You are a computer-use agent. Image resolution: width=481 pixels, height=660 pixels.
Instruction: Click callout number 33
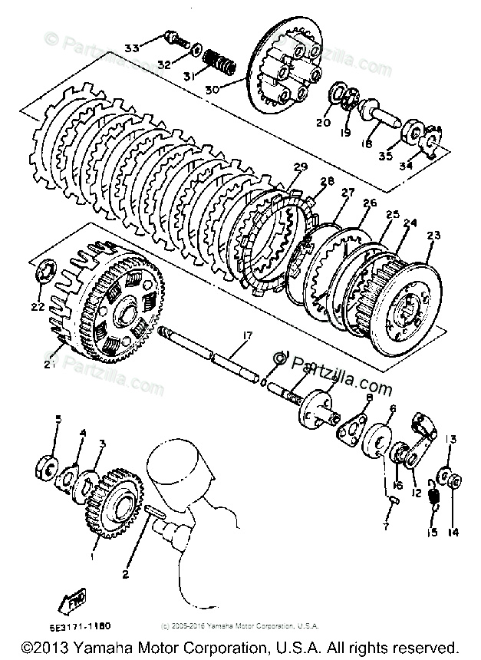(132, 48)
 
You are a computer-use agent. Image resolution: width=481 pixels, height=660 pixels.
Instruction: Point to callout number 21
(50, 363)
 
